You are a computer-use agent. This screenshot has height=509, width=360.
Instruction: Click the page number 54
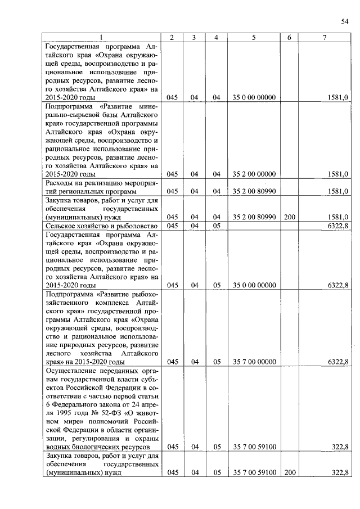[x=344, y=21]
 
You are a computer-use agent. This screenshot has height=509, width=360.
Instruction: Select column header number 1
[x=101, y=38]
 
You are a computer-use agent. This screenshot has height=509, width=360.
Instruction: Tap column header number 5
[x=254, y=38]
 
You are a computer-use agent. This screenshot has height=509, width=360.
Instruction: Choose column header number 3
[x=193, y=38]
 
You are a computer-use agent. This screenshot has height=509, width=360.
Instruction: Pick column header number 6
[x=289, y=38]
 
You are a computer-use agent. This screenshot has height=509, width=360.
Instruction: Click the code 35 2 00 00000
[x=254, y=174]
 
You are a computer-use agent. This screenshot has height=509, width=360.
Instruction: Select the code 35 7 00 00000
[x=254, y=361]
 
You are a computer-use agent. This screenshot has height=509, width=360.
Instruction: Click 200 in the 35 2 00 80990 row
[x=289, y=217]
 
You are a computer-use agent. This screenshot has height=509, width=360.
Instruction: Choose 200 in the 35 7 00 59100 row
[x=289, y=472]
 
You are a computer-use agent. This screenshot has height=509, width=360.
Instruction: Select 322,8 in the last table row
[x=340, y=472]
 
